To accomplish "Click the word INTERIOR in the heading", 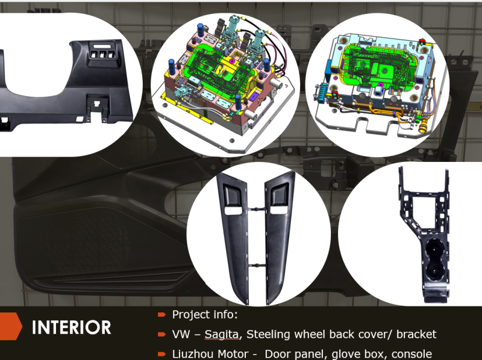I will (x=71, y=327).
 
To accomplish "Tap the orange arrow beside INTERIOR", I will (x=10, y=327).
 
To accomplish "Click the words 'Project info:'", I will (x=196, y=314).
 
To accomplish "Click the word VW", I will (x=182, y=334).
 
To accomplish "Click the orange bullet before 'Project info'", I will (x=161, y=314).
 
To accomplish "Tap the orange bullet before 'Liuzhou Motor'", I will (x=161, y=354).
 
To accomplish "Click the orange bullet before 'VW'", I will (x=161, y=334).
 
